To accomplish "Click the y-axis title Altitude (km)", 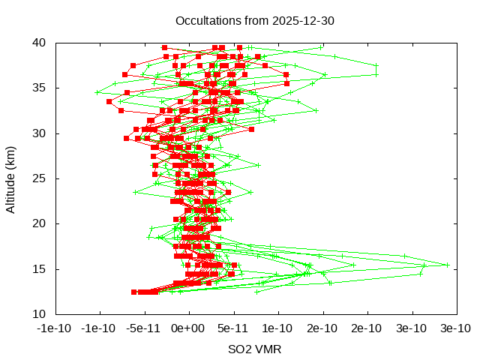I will point(10,178).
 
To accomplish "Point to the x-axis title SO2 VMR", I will point(255,349).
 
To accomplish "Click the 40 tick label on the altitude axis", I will point(40,43).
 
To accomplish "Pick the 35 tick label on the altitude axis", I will point(40,88).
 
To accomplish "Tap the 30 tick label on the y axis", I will point(40,133).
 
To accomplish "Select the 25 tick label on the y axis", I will point(40,178).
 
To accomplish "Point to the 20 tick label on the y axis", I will point(40,223).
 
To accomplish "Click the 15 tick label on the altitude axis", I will point(40,268).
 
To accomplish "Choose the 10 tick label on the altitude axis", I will point(40,313).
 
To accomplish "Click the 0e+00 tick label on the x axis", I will point(188,328).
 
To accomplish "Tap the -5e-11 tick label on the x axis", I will point(144,328).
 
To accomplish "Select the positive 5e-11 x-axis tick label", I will point(233,328).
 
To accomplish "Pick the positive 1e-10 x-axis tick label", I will point(277,328).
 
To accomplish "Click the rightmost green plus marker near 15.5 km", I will point(448,265).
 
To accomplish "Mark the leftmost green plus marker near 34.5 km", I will point(97,92).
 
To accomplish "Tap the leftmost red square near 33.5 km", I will point(109,101).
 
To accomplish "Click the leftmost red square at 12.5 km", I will point(134,292).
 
